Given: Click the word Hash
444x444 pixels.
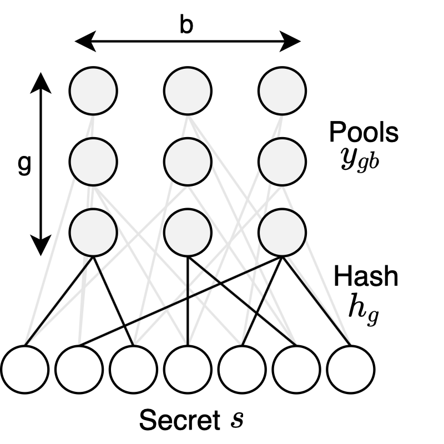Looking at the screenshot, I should point(365,276).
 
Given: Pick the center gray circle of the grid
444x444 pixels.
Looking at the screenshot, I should point(188,160).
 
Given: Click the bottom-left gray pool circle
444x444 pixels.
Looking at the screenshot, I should point(93,231).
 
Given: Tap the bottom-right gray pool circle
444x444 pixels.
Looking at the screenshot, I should point(282,231).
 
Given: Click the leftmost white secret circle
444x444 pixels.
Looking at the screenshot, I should point(24,369).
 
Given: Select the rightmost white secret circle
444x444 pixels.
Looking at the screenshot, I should point(350,369).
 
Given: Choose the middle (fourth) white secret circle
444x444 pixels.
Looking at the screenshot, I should point(187,369).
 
